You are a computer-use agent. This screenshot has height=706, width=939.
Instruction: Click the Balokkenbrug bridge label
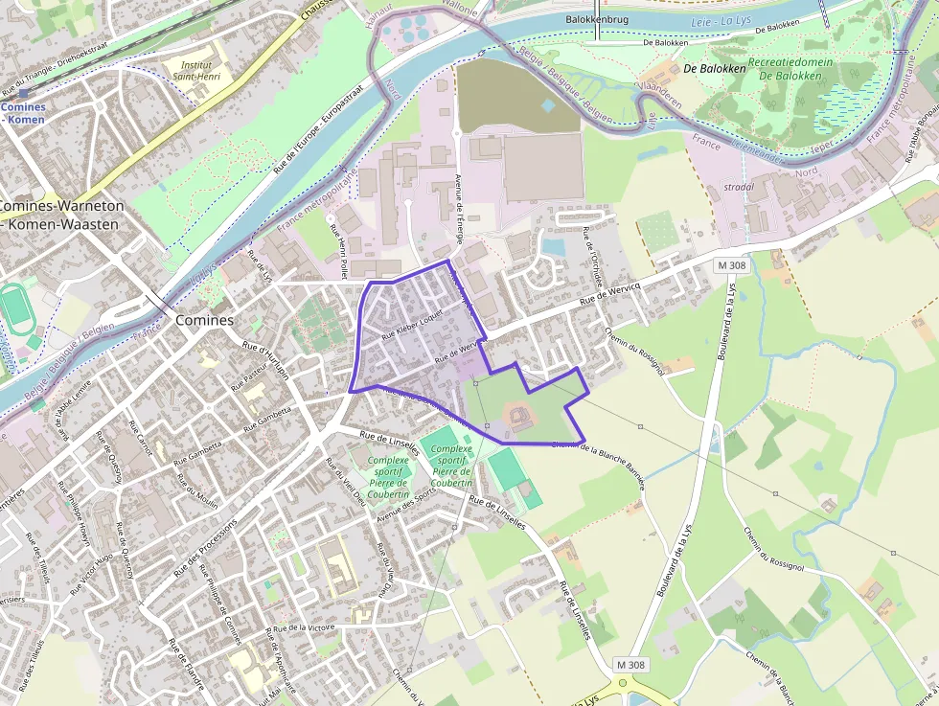(x=596, y=17)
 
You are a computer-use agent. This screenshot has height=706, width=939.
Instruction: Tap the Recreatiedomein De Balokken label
(x=790, y=68)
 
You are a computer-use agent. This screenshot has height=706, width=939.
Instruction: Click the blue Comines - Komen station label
(x=22, y=113)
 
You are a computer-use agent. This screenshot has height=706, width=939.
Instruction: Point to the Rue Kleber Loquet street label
(x=413, y=323)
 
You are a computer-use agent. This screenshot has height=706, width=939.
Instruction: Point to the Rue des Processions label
(x=205, y=550)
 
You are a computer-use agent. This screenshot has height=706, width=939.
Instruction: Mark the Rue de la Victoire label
(x=302, y=629)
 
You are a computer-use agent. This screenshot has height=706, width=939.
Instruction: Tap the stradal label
(x=739, y=187)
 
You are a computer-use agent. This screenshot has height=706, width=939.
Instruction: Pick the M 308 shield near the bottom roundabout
(x=630, y=664)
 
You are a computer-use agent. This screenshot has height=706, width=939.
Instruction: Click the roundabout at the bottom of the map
(x=624, y=684)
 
